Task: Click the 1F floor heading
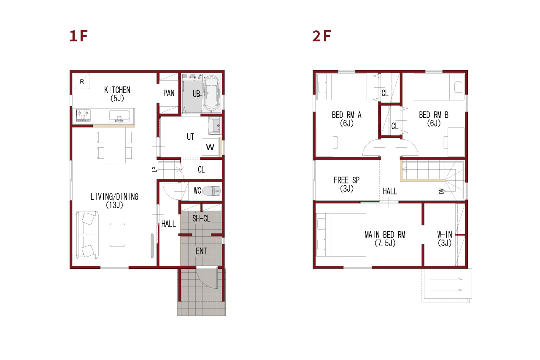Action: coord(78,36)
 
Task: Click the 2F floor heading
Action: coord(321,36)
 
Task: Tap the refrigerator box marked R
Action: coord(81,81)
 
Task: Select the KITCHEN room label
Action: coord(117,90)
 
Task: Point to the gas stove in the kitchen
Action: coord(83,116)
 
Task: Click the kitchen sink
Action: coord(119,116)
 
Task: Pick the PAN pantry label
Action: coord(169,93)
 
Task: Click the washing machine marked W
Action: coord(210,147)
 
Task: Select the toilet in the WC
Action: coord(211,191)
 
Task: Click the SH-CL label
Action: coord(201,219)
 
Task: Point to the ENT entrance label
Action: coord(201,251)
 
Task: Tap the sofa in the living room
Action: coord(87,235)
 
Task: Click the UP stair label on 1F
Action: coord(154,170)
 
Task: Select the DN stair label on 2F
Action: coord(441,191)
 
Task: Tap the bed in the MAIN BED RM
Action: coord(341,235)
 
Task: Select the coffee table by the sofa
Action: coord(117,235)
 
